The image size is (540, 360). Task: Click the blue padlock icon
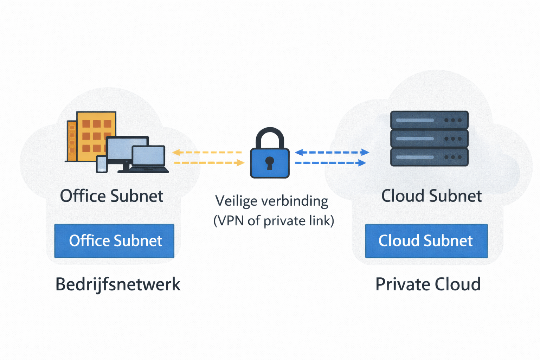[x=270, y=162]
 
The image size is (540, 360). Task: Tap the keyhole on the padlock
[x=270, y=163]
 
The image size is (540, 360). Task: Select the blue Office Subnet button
[x=114, y=241]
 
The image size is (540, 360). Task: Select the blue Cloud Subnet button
[x=426, y=241]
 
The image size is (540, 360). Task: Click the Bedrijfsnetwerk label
[x=118, y=284]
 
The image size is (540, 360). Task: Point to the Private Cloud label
[x=428, y=284]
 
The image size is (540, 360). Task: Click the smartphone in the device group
[x=102, y=164]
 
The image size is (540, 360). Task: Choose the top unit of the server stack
[x=429, y=120]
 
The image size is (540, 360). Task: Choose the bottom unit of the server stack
[x=429, y=157]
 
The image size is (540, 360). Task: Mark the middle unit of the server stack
[x=429, y=139]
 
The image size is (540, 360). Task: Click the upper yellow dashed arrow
[x=207, y=153]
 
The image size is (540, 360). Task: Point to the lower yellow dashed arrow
[x=209, y=163]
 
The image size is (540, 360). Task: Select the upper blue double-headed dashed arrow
[x=332, y=152]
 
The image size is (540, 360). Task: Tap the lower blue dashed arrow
[x=330, y=163]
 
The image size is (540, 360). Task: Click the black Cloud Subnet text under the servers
[x=431, y=196]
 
